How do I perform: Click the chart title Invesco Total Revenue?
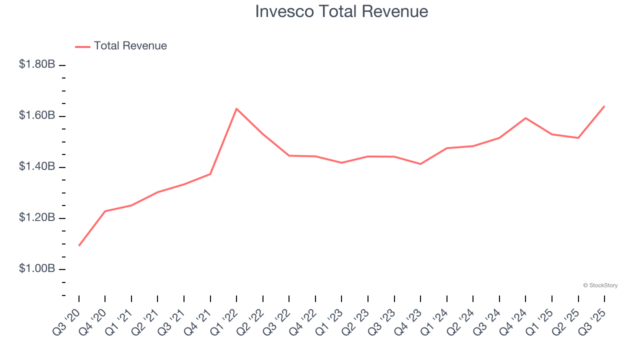click(x=341, y=11)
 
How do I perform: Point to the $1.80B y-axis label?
click(x=37, y=64)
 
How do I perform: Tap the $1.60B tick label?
click(x=37, y=115)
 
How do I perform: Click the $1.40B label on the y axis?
click(x=37, y=166)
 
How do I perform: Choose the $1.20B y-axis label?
click(x=37, y=218)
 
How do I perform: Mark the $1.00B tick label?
click(x=37, y=269)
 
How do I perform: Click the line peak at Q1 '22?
click(x=236, y=108)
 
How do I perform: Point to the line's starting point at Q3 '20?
click(x=79, y=245)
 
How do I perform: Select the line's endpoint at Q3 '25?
click(x=604, y=106)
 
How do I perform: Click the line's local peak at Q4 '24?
click(x=525, y=118)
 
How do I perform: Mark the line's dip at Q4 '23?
click(x=420, y=164)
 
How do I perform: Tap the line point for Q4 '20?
click(x=105, y=211)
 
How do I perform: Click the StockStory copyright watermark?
click(x=600, y=285)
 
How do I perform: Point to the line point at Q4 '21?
click(x=210, y=174)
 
